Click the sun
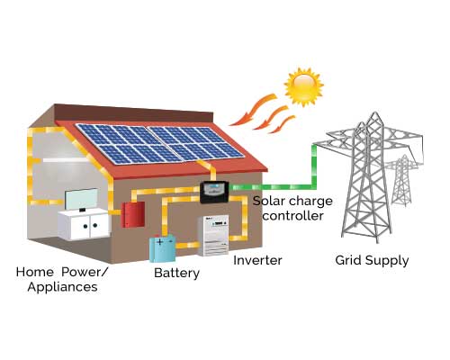point(303,87)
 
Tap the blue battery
point(163,248)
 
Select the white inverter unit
point(213,236)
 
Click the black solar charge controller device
point(214,193)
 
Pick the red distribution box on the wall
point(133,214)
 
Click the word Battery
point(176,274)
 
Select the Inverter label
point(257,260)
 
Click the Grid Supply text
point(372,260)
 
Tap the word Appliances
point(62,287)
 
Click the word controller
point(292,216)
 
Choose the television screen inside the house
point(81,199)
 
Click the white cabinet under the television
point(83,225)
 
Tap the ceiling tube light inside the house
point(64,160)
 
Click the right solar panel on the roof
point(195,142)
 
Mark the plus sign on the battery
point(160,241)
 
